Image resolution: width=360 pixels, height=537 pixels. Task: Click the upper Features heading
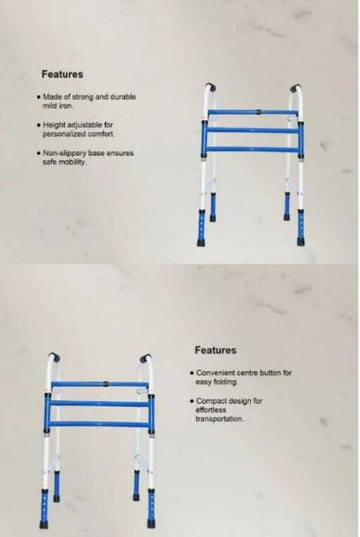[62, 75]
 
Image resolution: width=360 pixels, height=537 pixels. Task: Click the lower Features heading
[216, 351]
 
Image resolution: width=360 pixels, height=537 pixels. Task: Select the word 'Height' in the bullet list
[55, 125]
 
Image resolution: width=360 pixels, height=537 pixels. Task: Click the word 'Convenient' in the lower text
[217, 373]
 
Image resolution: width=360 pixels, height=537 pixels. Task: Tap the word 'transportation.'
[220, 420]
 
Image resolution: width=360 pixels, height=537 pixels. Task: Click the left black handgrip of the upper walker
[211, 86]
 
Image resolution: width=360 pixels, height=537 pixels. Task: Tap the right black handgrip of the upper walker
[295, 87]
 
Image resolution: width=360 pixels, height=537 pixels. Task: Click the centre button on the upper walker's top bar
[259, 112]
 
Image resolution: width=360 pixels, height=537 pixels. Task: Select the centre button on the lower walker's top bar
[107, 383]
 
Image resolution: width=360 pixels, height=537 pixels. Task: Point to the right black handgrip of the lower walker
[145, 358]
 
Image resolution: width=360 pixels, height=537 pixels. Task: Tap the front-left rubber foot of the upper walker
[201, 242]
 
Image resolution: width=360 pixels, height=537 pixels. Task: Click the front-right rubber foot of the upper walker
[301, 242]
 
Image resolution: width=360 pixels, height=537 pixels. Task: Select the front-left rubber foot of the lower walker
[44, 524]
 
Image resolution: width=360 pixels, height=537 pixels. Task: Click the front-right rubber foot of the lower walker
[151, 524]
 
